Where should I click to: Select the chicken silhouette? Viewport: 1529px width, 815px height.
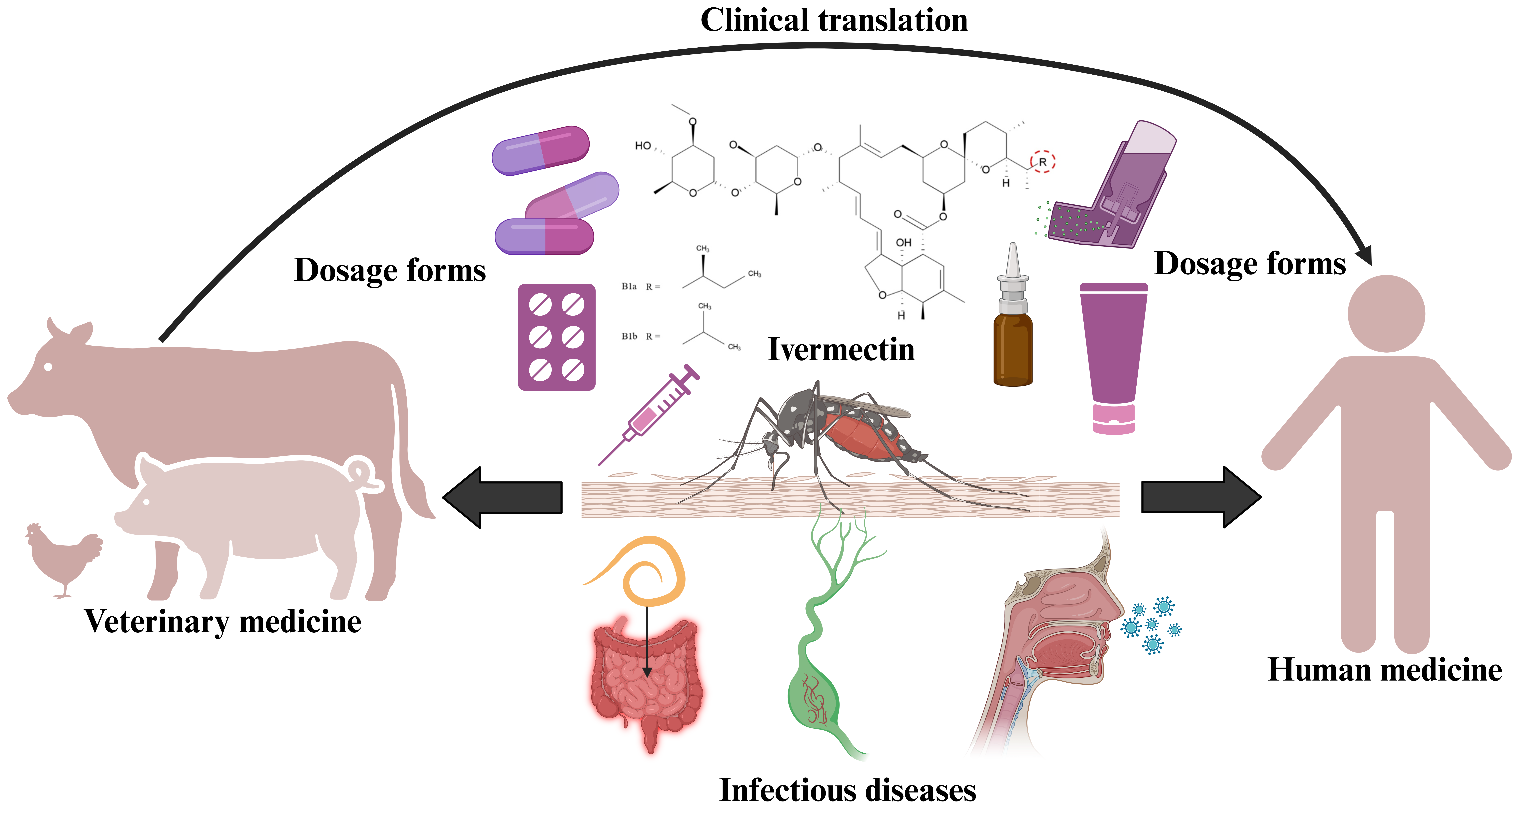64,558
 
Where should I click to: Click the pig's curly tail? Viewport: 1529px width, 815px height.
363,475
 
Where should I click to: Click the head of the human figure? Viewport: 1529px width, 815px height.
1386,313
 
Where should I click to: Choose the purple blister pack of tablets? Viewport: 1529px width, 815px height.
556,337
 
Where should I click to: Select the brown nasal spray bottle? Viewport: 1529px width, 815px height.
1013,332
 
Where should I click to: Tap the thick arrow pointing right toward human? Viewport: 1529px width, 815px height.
1199,498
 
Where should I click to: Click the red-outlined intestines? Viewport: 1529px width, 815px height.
647,683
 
